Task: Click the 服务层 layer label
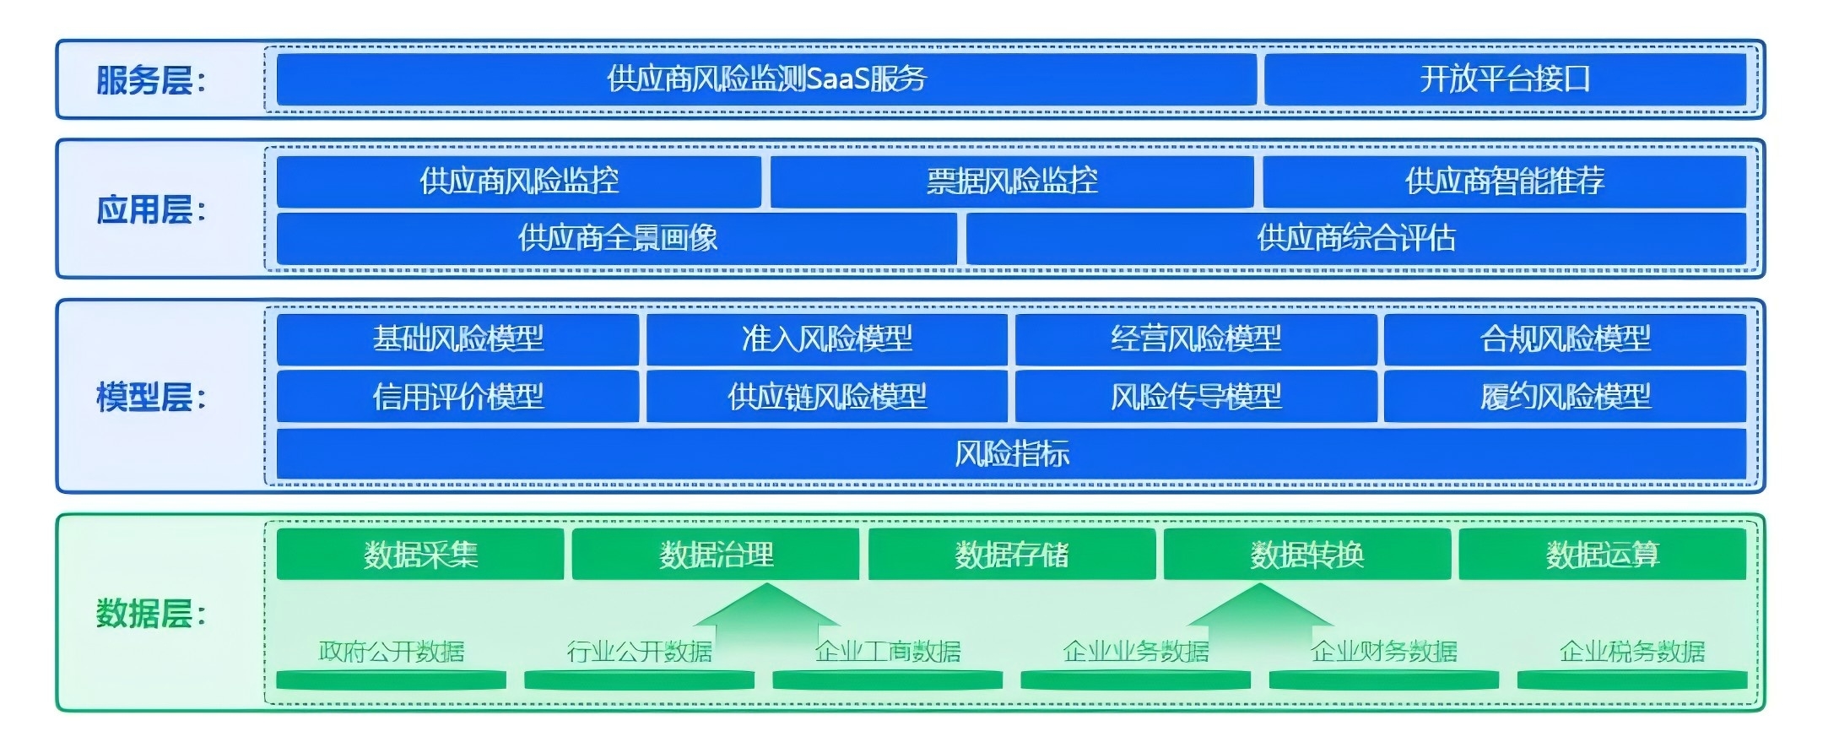click(x=150, y=81)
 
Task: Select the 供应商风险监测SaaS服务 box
click(x=766, y=79)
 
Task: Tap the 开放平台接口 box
click(x=1505, y=79)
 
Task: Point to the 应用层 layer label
click(x=150, y=210)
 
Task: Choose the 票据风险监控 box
click(x=1012, y=181)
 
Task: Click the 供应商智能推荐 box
click(x=1505, y=181)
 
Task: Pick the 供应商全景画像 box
click(x=617, y=238)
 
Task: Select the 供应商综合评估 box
click(x=1356, y=238)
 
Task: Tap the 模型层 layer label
click(x=150, y=397)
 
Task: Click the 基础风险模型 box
click(x=457, y=339)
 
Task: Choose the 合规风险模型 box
click(x=1566, y=339)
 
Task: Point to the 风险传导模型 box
click(x=1196, y=396)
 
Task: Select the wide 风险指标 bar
click(x=1011, y=454)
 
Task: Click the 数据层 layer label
click(x=150, y=614)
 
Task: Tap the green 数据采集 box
click(x=420, y=555)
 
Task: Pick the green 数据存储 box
click(x=1012, y=555)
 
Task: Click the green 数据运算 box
click(x=1603, y=555)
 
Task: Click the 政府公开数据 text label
click(x=392, y=652)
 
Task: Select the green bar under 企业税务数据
click(x=1632, y=680)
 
